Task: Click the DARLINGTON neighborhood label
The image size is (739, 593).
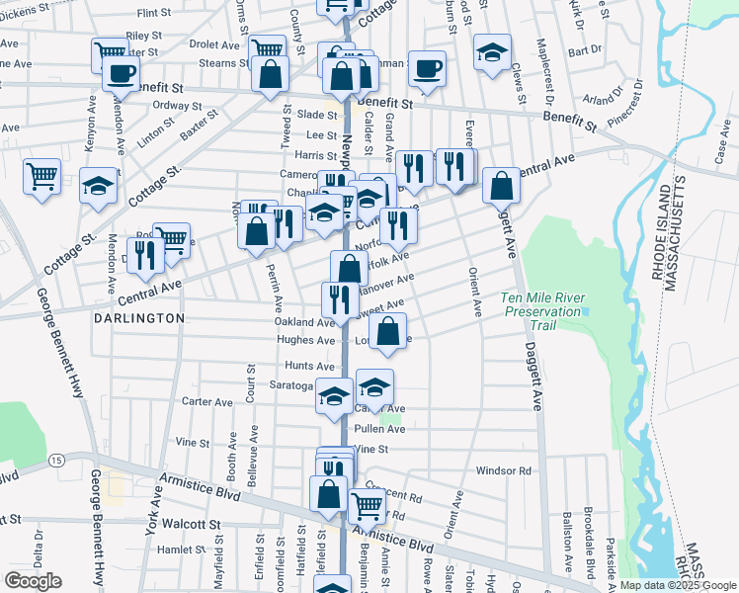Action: pyautogui.click(x=139, y=318)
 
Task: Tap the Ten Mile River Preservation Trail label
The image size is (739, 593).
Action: pyautogui.click(x=543, y=304)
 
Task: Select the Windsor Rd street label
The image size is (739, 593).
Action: pyautogui.click(x=503, y=470)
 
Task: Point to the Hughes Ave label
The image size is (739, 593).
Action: pyautogui.click(x=304, y=341)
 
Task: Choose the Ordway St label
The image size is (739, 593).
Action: pyautogui.click(x=178, y=106)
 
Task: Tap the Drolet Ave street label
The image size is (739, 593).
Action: pyautogui.click(x=214, y=44)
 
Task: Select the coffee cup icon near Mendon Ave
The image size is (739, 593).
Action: pyautogui.click(x=121, y=72)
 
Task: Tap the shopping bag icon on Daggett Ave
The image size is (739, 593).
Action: pyautogui.click(x=502, y=185)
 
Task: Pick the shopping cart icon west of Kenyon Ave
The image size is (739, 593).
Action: pyautogui.click(x=42, y=178)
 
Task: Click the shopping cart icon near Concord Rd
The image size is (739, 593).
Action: pyautogui.click(x=367, y=505)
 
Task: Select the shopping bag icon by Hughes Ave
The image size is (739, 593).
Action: pyautogui.click(x=389, y=332)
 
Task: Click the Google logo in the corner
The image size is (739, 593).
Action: pyautogui.click(x=33, y=581)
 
